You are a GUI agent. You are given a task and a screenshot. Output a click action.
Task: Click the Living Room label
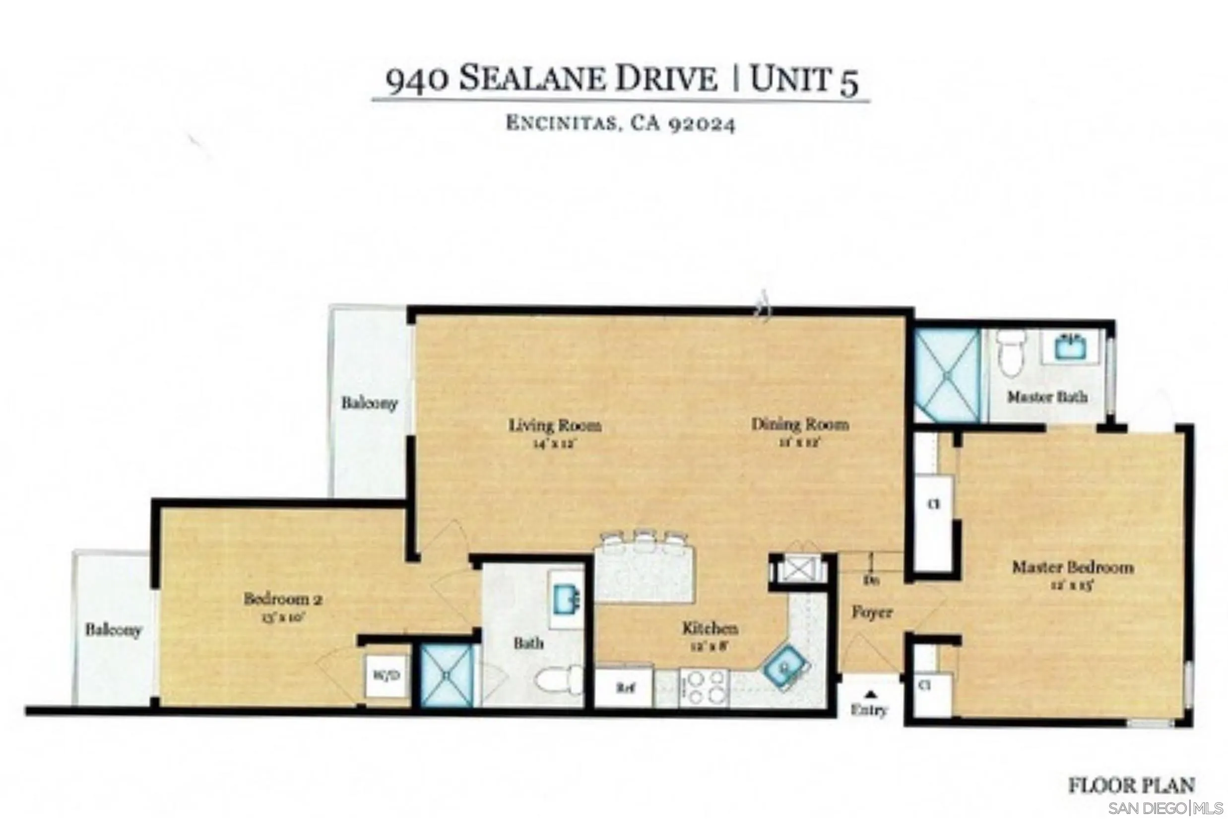pos(555,426)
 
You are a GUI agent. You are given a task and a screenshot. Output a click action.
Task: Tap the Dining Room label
pos(799,424)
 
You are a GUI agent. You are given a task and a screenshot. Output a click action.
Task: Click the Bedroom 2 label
pos(283,599)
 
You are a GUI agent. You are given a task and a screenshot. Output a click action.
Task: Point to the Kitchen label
pos(710,628)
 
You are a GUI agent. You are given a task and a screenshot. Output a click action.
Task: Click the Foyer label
pos(872,612)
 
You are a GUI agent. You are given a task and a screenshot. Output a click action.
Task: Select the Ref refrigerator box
pos(625,688)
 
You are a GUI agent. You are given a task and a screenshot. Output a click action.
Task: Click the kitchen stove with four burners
pos(703,688)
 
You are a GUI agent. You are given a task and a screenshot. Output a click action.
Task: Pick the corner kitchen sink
pos(785,667)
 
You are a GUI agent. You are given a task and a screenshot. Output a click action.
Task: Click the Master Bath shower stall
pos(947,374)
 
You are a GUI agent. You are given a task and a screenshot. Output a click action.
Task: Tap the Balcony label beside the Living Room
pos(369,403)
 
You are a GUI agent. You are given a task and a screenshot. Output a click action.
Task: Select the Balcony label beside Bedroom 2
pos(113,629)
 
